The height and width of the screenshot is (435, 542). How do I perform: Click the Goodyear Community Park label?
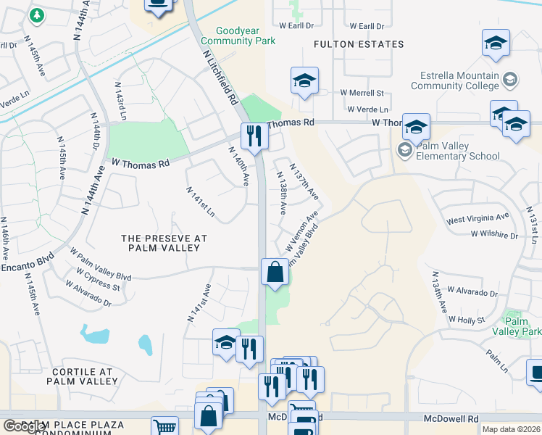[247, 36]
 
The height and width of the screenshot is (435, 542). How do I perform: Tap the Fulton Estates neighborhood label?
[359, 44]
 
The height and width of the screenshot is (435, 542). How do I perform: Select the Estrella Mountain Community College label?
[455, 80]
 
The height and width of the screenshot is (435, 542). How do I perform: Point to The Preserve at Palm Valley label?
[164, 243]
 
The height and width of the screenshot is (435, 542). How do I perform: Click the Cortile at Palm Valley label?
[80, 376]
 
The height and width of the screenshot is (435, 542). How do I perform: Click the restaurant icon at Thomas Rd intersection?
[254, 136]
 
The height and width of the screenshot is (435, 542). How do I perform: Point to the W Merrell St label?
[362, 93]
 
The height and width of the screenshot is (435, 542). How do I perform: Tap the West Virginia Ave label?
[478, 217]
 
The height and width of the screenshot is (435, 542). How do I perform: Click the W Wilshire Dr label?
[494, 235]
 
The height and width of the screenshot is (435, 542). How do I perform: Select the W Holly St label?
[466, 319]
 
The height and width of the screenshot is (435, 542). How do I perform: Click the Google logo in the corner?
[24, 426]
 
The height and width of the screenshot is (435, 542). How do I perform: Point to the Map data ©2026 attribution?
[510, 429]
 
